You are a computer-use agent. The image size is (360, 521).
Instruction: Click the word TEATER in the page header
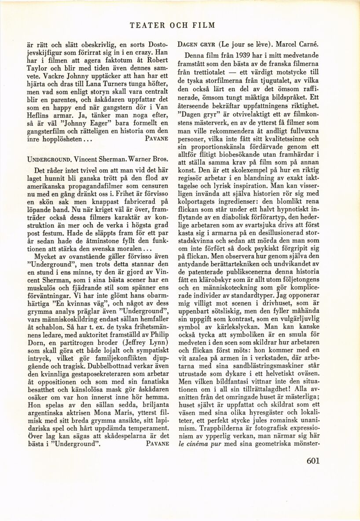(147, 25)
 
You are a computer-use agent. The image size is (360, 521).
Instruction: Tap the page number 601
(311, 461)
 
